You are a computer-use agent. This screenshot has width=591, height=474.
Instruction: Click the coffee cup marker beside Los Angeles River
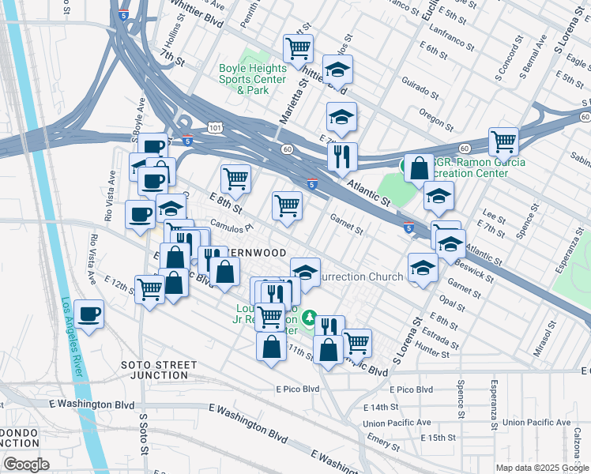click(88, 314)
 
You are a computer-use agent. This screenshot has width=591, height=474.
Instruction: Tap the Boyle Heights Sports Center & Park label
click(252, 79)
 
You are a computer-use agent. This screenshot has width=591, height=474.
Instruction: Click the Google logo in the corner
click(26, 465)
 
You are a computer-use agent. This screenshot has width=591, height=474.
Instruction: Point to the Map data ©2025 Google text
click(542, 468)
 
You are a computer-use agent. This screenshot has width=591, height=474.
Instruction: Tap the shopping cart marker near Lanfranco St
click(298, 49)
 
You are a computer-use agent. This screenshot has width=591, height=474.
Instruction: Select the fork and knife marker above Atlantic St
click(342, 156)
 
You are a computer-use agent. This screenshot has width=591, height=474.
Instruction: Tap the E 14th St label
click(382, 407)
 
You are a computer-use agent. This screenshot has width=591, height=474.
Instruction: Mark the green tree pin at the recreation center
click(311, 318)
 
